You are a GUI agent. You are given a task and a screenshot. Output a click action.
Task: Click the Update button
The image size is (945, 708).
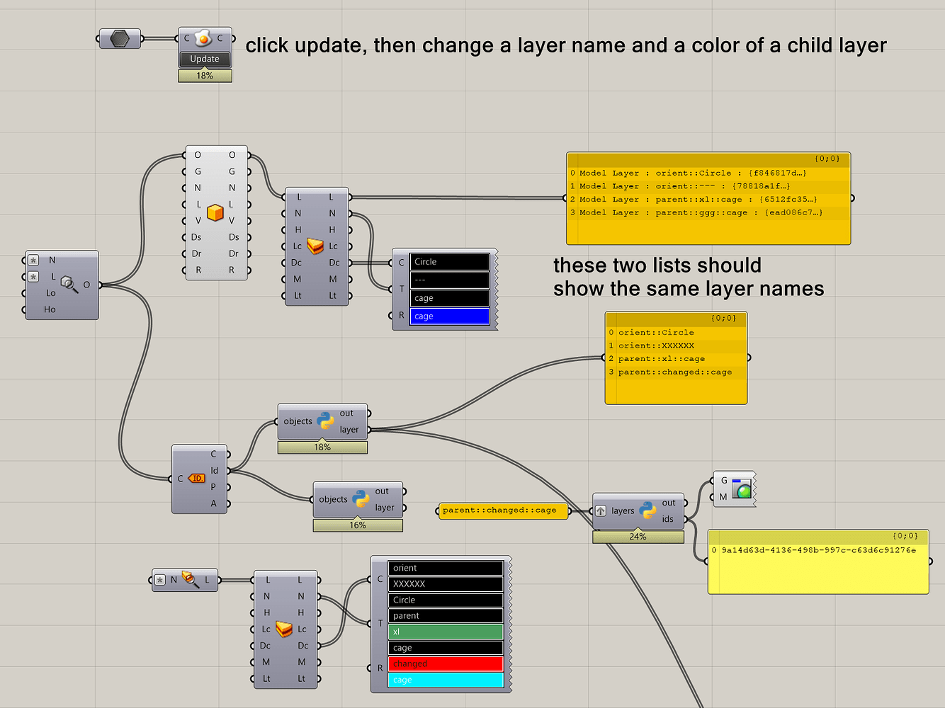pyautogui.click(x=205, y=59)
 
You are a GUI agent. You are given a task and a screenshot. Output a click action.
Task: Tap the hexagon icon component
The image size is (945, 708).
pyautogui.click(x=120, y=38)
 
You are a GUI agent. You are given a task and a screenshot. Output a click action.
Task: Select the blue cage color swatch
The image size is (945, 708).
pyautogui.click(x=449, y=316)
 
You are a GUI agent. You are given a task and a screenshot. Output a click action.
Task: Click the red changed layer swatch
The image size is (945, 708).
pyautogui.click(x=446, y=664)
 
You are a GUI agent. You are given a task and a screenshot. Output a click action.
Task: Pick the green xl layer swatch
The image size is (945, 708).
pyautogui.click(x=446, y=632)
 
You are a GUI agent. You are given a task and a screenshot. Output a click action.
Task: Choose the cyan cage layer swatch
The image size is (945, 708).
pyautogui.click(x=446, y=680)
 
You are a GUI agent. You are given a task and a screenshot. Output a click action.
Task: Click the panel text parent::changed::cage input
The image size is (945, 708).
pyautogui.click(x=499, y=510)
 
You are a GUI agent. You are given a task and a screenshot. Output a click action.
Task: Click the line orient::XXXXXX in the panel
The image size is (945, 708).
pyautogui.click(x=656, y=346)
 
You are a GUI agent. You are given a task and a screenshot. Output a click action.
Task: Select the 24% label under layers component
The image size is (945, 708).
pyautogui.click(x=638, y=537)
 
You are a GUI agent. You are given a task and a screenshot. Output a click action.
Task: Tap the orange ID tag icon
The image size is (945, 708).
pyautogui.click(x=196, y=479)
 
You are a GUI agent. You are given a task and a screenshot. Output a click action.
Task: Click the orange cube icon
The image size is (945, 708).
pyautogui.click(x=215, y=212)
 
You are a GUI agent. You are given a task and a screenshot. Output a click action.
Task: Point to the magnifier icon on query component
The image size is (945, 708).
pyautogui.click(x=69, y=285)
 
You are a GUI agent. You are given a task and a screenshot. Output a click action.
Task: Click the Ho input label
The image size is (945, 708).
pyautogui.click(x=50, y=309)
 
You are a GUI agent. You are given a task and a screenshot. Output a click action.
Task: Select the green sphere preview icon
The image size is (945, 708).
pyautogui.click(x=742, y=489)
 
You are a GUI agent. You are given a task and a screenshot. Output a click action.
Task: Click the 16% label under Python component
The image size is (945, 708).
pyautogui.click(x=358, y=525)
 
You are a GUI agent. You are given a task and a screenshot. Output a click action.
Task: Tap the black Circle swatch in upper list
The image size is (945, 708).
pyautogui.click(x=449, y=262)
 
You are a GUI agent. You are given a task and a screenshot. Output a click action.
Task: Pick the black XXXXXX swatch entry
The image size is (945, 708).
pyautogui.click(x=446, y=584)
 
